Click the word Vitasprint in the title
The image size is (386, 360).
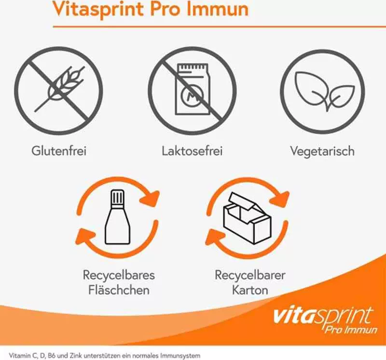(x=98, y=9)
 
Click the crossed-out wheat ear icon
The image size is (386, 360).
(x=58, y=91)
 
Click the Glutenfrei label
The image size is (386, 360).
(x=59, y=150)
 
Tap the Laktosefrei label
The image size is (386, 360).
(x=192, y=150)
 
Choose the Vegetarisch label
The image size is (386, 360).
(x=322, y=151)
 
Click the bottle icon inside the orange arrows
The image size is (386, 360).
(x=117, y=217)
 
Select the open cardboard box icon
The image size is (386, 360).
(x=247, y=218)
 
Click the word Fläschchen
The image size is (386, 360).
(x=119, y=290)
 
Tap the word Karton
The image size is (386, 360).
(x=250, y=290)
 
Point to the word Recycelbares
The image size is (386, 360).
(x=119, y=275)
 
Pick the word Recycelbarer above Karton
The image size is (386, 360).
(x=250, y=275)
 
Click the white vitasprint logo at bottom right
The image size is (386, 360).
(x=325, y=320)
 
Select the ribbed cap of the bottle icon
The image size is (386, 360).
(x=117, y=197)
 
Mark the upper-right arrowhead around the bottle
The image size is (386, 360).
(x=150, y=198)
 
